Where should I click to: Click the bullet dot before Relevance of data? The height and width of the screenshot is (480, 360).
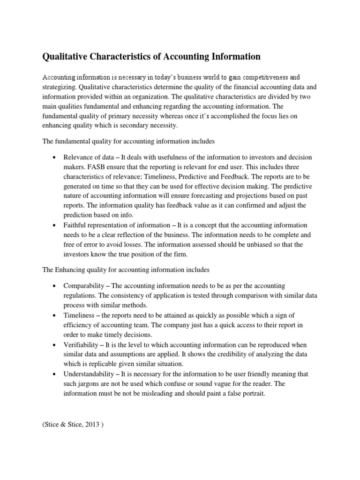click(x=55, y=157)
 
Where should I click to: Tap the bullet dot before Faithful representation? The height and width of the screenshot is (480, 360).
click(x=55, y=225)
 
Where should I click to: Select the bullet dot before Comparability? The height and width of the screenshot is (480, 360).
click(x=55, y=286)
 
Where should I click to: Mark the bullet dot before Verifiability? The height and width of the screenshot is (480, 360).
click(x=55, y=345)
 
